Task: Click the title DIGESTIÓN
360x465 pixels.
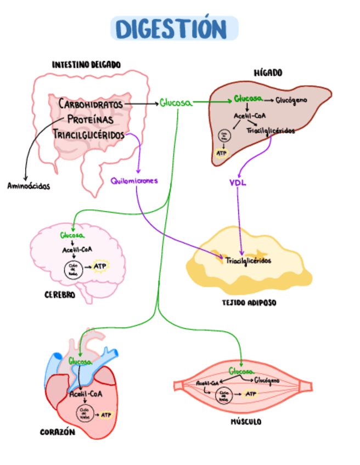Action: pyautogui.click(x=175, y=29)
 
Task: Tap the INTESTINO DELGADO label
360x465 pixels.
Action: pyautogui.click(x=86, y=65)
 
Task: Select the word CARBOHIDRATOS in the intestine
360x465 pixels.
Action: pyautogui.click(x=91, y=104)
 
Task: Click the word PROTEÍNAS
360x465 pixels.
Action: pyautogui.click(x=91, y=119)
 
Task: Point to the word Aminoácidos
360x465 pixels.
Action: pyautogui.click(x=29, y=186)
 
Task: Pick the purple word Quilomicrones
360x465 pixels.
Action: pyautogui.click(x=134, y=180)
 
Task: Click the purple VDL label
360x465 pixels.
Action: pyautogui.click(x=238, y=183)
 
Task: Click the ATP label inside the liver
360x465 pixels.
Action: pyautogui.click(x=222, y=153)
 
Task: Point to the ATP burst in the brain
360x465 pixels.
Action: pyautogui.click(x=100, y=266)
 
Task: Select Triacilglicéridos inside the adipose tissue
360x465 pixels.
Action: pyautogui.click(x=248, y=261)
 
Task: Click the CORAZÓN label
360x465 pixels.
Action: pyautogui.click(x=57, y=432)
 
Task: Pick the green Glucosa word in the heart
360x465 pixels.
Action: pyautogui.click(x=80, y=361)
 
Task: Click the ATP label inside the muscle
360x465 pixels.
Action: pyautogui.click(x=251, y=394)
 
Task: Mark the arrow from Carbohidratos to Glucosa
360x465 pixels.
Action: pyautogui.click(x=140, y=103)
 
